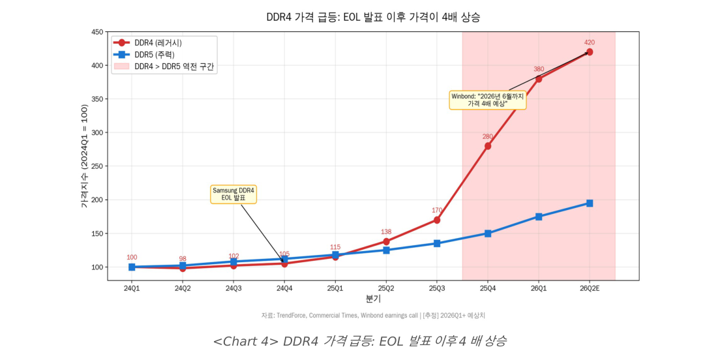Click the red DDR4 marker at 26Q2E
click(590, 52)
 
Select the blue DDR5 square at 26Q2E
click(590, 203)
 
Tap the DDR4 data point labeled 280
click(488, 146)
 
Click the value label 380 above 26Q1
click(539, 69)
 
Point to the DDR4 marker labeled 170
click(437, 220)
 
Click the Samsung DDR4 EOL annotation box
click(233, 194)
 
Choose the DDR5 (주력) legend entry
click(154, 55)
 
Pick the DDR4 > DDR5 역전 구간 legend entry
click(174, 67)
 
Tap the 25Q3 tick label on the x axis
click(437, 288)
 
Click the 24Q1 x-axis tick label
click(132, 288)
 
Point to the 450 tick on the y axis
click(97, 32)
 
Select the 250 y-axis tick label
click(97, 166)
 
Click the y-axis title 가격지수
click(83, 156)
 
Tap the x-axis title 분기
click(373, 299)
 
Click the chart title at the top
click(373, 17)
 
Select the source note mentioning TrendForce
click(373, 316)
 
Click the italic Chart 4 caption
click(360, 340)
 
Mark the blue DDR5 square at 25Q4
click(488, 233)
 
